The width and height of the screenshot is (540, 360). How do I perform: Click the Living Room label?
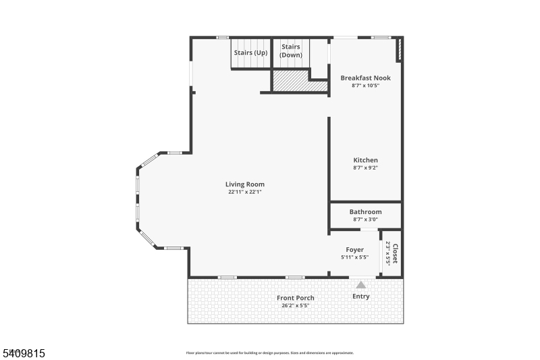pos(244,184)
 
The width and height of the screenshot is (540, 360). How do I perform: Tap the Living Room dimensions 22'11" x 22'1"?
pos(244,192)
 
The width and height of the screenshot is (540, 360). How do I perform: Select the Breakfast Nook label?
pos(365,78)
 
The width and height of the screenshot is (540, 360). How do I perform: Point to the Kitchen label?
pos(365,160)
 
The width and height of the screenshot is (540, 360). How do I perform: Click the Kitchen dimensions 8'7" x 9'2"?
pos(365,168)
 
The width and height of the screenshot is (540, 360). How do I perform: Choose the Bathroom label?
pos(365,212)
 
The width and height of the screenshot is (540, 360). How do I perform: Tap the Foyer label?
pos(355,250)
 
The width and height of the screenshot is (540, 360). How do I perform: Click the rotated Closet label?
pos(396,253)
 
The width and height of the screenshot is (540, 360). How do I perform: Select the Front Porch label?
pos(296,298)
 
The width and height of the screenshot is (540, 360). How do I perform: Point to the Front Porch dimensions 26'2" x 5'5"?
pos(296,305)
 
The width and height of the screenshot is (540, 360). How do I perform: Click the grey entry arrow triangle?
pos(361,285)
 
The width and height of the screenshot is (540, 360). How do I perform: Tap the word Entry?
pos(361,297)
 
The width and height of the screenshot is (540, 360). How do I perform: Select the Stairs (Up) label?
pos(250,53)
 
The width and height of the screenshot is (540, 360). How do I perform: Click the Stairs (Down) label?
pos(291,51)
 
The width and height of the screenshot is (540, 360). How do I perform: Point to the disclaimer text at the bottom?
pos(269,353)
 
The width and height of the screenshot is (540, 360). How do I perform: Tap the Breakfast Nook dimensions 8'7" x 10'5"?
pos(365,86)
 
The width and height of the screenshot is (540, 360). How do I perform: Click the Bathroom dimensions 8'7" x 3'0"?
pos(365,220)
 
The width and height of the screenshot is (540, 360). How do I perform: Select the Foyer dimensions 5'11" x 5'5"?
pos(355,257)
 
